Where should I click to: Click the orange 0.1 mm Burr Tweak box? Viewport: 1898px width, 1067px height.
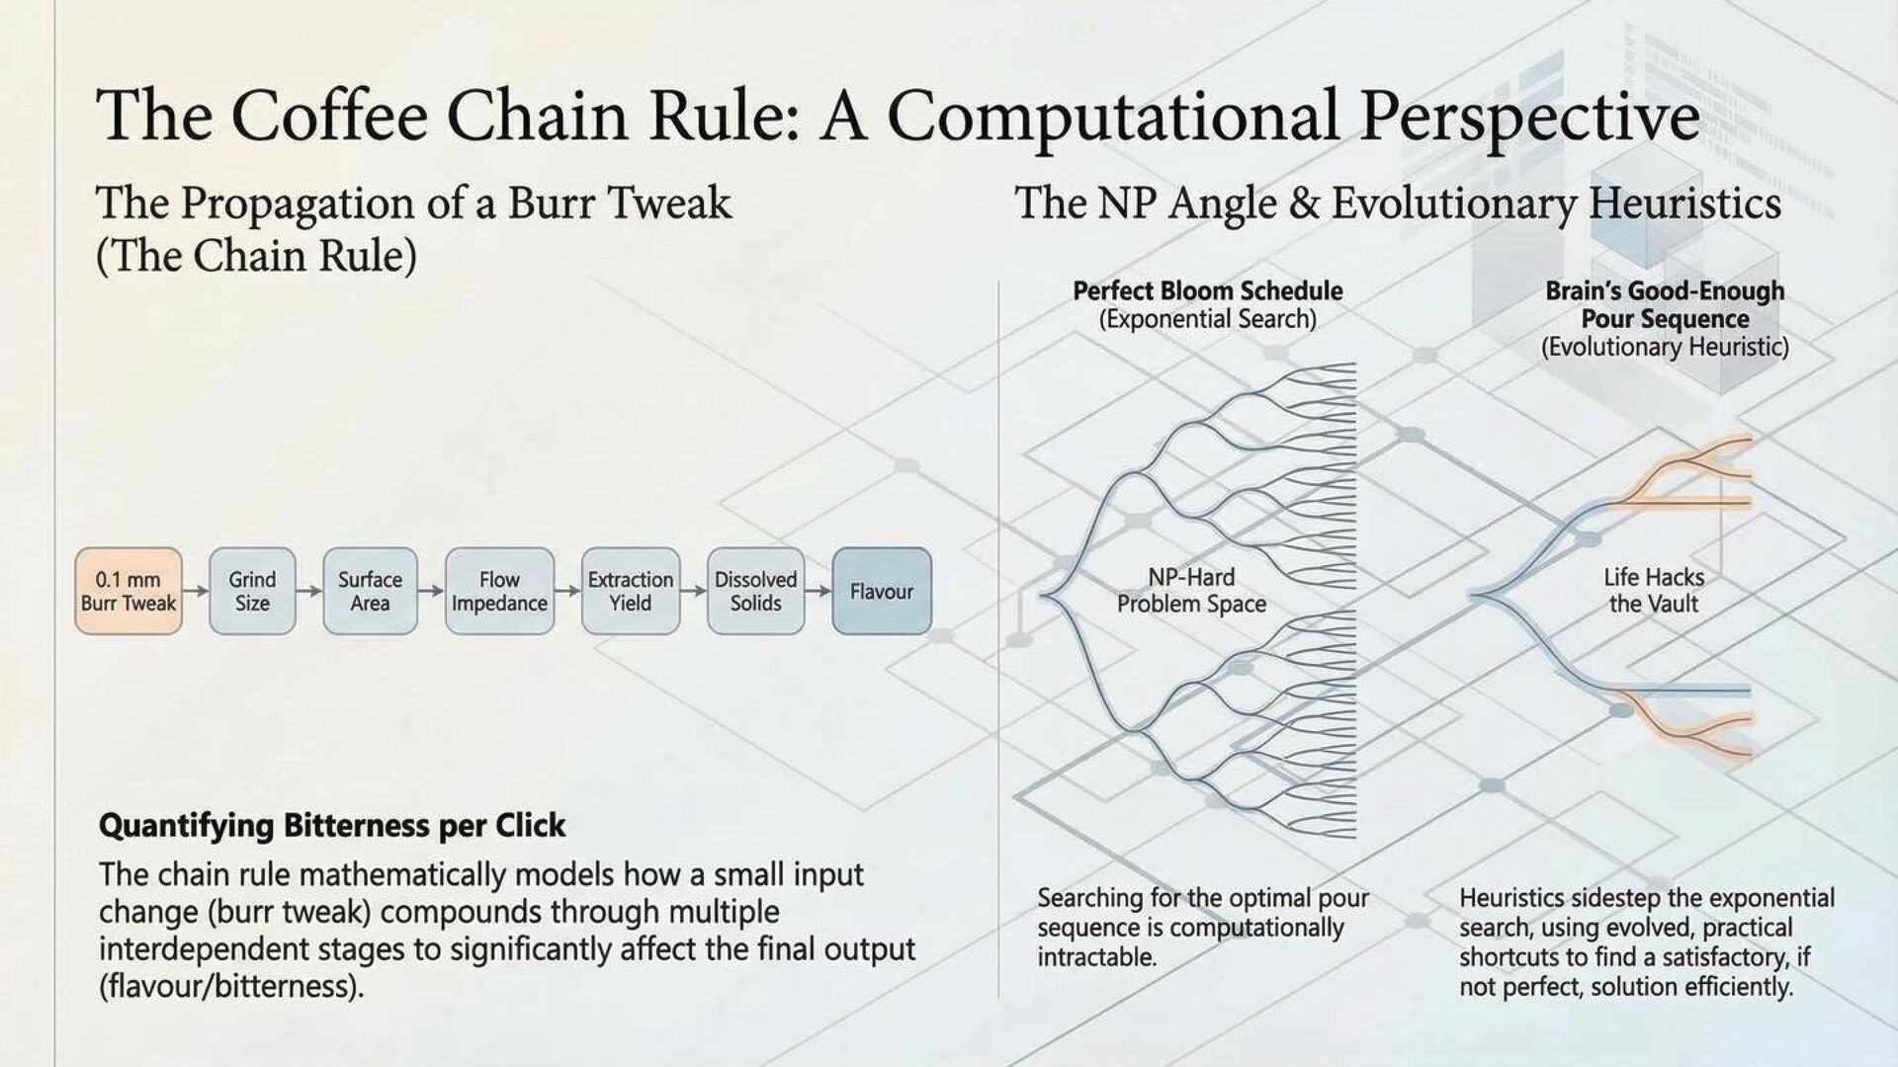pyautogui.click(x=129, y=591)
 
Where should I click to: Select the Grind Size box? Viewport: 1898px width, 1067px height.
pyautogui.click(x=252, y=591)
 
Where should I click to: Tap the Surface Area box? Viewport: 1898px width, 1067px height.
pyautogui.click(x=370, y=591)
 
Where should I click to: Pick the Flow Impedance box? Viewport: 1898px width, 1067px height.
pyautogui.click(x=499, y=591)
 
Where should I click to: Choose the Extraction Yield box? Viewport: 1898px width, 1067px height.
pyautogui.click(x=631, y=591)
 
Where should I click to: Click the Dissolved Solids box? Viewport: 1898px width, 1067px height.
pyautogui.click(x=756, y=591)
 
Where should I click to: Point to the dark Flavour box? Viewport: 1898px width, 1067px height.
pyautogui.click(x=882, y=591)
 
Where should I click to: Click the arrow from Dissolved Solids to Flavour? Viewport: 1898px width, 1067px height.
pyautogui.click(x=819, y=591)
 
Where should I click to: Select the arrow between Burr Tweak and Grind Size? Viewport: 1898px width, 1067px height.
pyautogui.click(x=196, y=591)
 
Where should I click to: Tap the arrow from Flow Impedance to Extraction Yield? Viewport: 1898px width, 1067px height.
pyautogui.click(x=567, y=591)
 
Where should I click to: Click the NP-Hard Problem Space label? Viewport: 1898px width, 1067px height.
pyautogui.click(x=1191, y=591)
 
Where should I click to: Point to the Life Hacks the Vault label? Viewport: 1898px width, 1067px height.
pyautogui.click(x=1654, y=591)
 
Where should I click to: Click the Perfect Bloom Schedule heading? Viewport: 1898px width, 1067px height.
pyautogui.click(x=1207, y=291)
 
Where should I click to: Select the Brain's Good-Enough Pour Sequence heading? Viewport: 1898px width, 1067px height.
pyautogui.click(x=1665, y=305)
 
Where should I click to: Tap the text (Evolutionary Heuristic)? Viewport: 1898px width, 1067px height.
pyautogui.click(x=1665, y=348)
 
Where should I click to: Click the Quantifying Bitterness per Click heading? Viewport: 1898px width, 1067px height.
pyautogui.click(x=332, y=825)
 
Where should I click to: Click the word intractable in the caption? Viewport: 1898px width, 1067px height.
pyautogui.click(x=1096, y=957)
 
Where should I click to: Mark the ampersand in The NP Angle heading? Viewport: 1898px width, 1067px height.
pyautogui.click(x=1304, y=204)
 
